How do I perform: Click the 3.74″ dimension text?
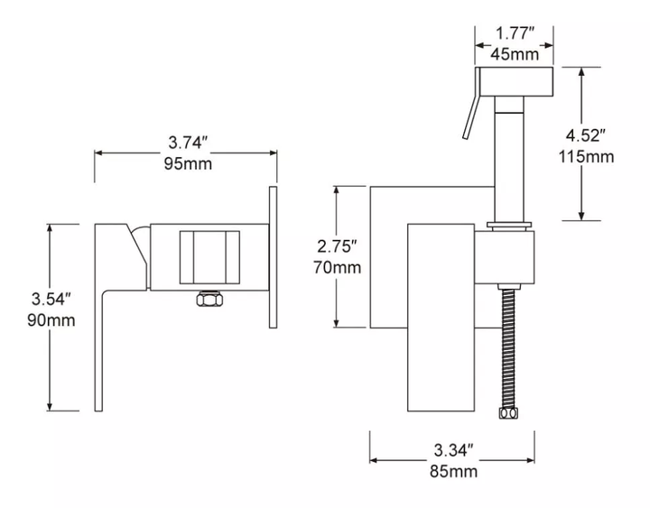(188, 143)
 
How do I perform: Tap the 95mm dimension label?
(188, 163)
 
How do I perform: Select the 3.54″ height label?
(51, 299)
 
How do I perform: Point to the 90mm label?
(51, 320)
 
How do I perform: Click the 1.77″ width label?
(515, 33)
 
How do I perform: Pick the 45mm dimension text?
(515, 54)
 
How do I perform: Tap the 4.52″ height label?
(586, 135)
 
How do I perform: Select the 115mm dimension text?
(586, 157)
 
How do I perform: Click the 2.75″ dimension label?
(337, 246)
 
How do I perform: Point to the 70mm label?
(337, 267)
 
